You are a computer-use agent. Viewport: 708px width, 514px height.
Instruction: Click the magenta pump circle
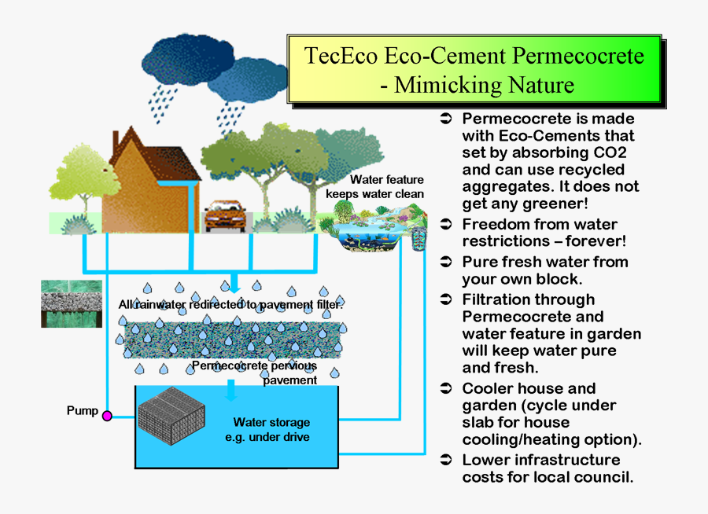107,416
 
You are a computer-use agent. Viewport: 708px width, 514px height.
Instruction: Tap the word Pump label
83,410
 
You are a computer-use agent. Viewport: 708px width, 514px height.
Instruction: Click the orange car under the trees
223,215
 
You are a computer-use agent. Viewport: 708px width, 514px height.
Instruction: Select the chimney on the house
116,142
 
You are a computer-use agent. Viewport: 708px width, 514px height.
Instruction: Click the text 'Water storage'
271,422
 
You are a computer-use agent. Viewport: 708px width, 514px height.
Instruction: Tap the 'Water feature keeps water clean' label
386,187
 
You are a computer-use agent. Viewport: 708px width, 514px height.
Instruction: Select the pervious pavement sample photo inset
72,303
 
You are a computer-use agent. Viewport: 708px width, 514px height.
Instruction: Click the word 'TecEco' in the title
340,57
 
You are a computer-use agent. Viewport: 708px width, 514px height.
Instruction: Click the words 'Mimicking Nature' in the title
484,84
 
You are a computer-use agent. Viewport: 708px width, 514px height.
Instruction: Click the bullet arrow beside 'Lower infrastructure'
445,460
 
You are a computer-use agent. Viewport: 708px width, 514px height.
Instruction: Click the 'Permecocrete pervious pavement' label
255,372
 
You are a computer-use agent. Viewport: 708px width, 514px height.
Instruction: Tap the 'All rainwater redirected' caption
230,304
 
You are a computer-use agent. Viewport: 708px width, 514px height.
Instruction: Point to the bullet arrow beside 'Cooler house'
445,388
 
